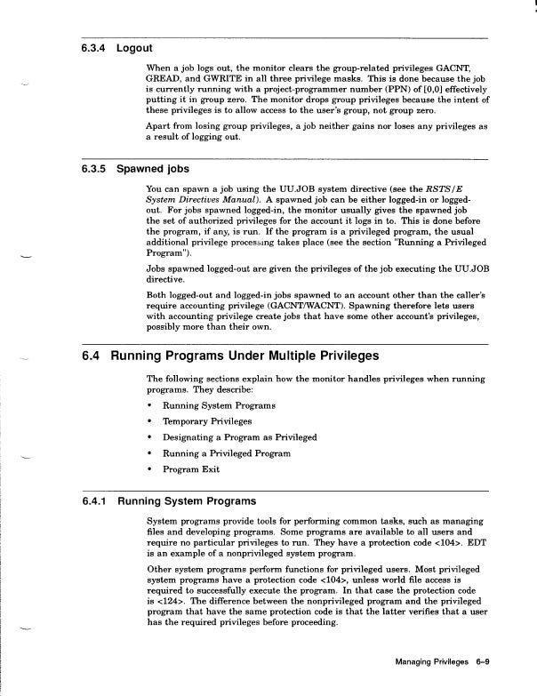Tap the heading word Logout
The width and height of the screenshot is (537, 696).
click(x=134, y=48)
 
